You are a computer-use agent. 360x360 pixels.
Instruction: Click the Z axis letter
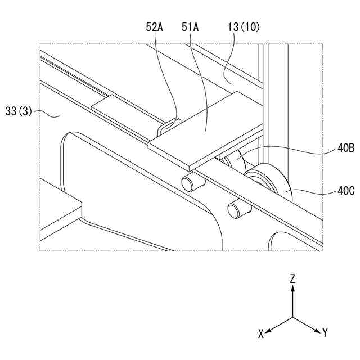coord(293,278)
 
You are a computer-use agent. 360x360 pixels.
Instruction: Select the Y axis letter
coord(325,333)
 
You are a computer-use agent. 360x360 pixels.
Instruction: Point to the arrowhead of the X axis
coord(268,330)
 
